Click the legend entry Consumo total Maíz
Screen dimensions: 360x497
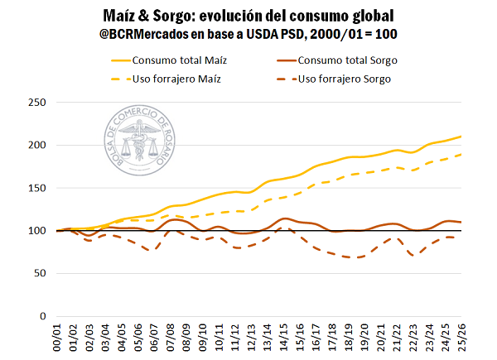pyautogui.click(x=180, y=60)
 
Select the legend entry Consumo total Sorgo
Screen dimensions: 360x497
pyautogui.click(x=345, y=60)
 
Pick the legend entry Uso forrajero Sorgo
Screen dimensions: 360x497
pyautogui.click(x=344, y=79)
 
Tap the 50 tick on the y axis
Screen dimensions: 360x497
pyautogui.click(x=38, y=274)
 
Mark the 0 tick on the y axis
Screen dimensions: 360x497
pyautogui.click(x=41, y=316)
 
